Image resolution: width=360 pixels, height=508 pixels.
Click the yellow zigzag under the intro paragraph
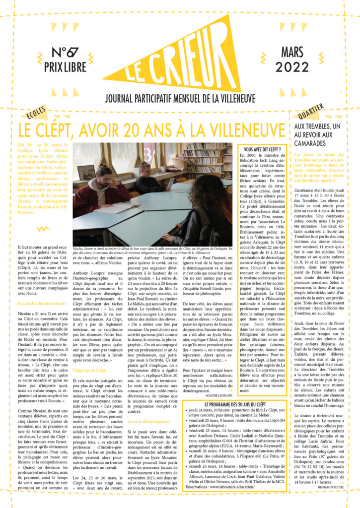point(44,229)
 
